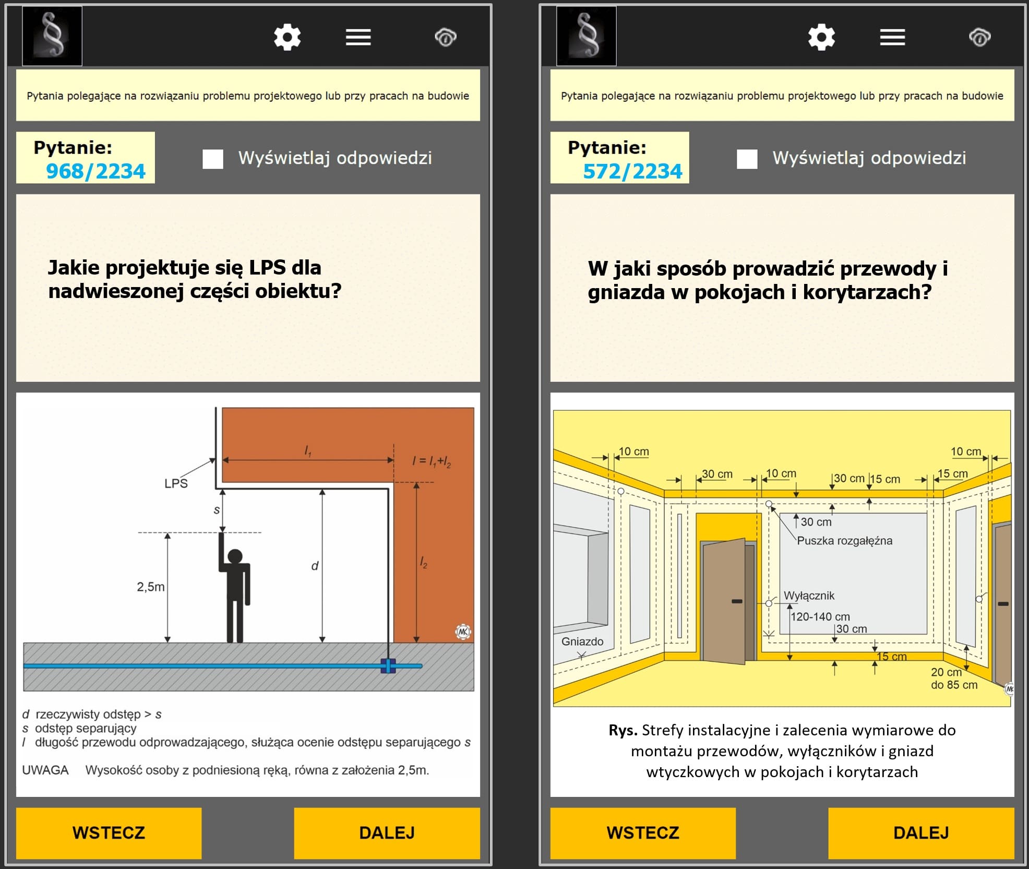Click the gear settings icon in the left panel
288,37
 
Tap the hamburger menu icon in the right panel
892,37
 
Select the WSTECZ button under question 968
109,832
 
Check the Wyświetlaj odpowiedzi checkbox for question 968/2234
213,159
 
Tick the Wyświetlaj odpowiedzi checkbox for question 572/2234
747,159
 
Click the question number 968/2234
95,171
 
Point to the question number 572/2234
632,171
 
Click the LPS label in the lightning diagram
176,483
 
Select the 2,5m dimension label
151,587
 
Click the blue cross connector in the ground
388,665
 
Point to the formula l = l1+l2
432,461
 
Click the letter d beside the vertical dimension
315,566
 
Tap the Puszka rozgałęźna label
845,541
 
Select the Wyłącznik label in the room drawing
809,596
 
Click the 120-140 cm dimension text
820,616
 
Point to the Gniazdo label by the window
582,641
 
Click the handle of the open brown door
737,601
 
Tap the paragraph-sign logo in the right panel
587,36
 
